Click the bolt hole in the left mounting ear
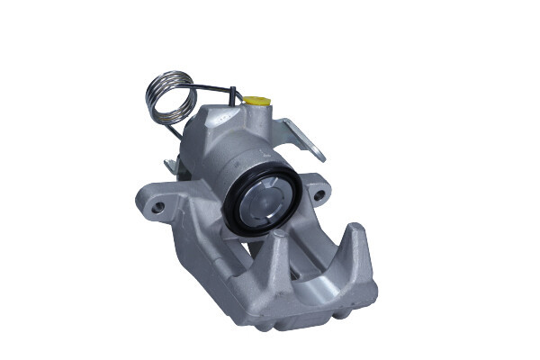click(159, 206)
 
